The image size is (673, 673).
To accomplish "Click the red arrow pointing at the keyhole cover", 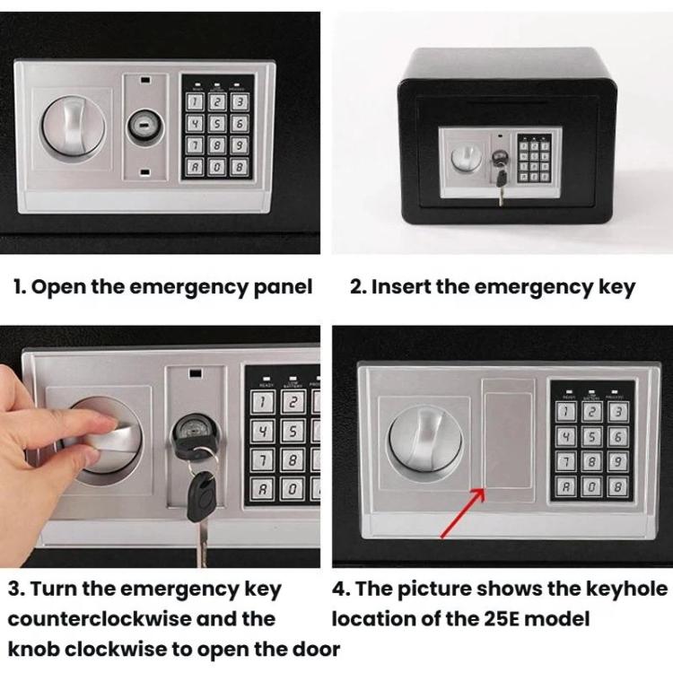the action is [x=463, y=512].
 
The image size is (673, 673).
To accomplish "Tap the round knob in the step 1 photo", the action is [x=74, y=127].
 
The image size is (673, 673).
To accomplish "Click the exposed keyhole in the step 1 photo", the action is [x=144, y=126].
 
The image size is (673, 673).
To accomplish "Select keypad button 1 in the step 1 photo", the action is [x=195, y=102].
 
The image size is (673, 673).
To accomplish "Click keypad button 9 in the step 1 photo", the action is [x=239, y=145].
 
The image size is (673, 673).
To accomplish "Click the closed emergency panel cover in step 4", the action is [x=508, y=441].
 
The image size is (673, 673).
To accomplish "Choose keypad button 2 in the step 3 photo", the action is [x=293, y=402].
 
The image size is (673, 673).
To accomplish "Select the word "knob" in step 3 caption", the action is [x=33, y=650].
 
